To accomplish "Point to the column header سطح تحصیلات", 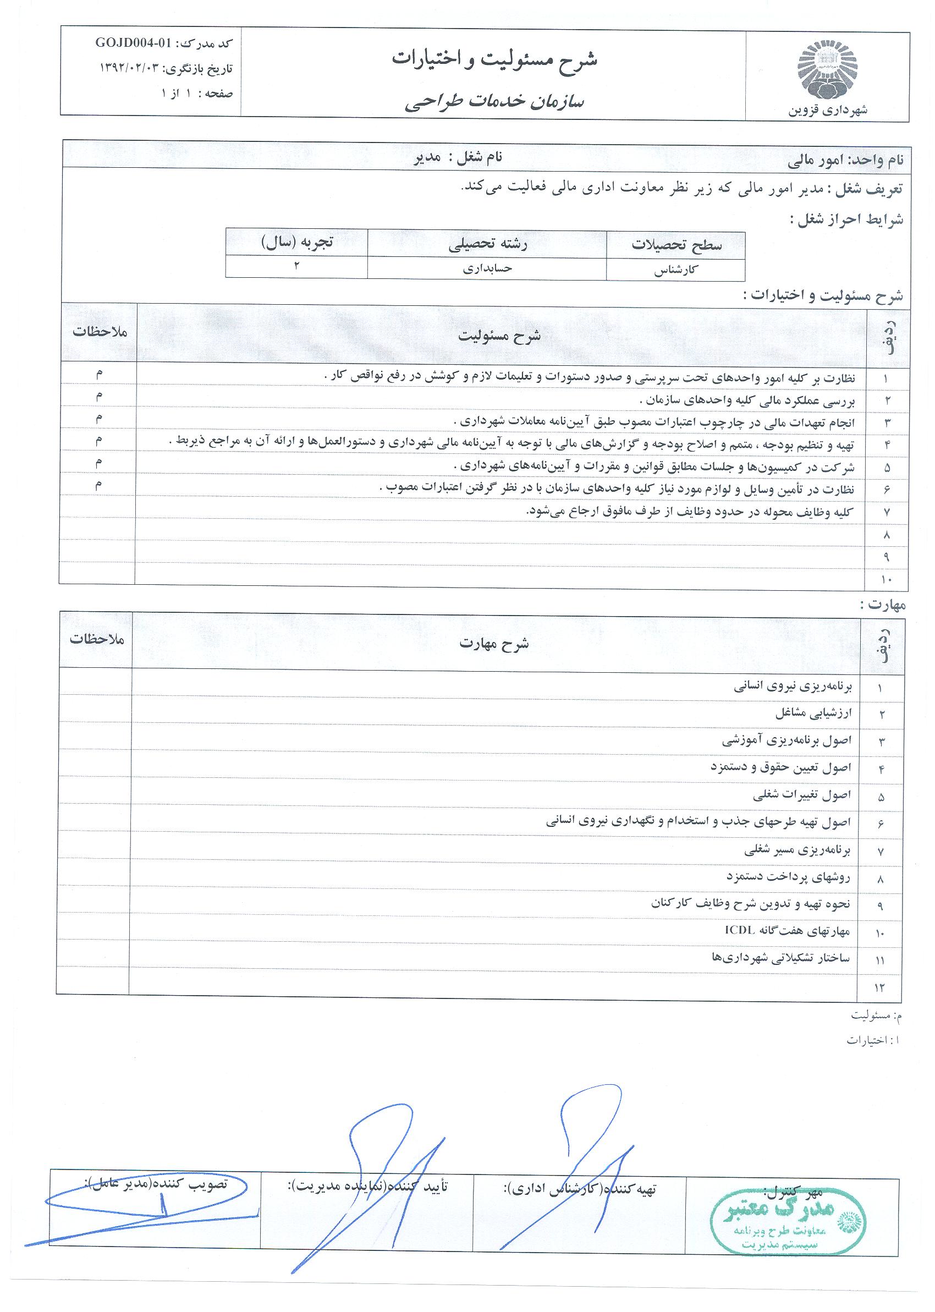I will click(676, 245).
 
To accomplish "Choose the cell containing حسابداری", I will click(487, 268).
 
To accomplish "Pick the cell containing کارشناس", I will click(676, 270).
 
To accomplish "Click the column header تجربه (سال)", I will click(296, 242).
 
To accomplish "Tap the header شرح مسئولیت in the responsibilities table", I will click(499, 336).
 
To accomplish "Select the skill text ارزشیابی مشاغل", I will click(813, 714).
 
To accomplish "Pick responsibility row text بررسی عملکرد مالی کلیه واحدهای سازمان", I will click(748, 400).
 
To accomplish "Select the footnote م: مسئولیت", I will click(876, 1015).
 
